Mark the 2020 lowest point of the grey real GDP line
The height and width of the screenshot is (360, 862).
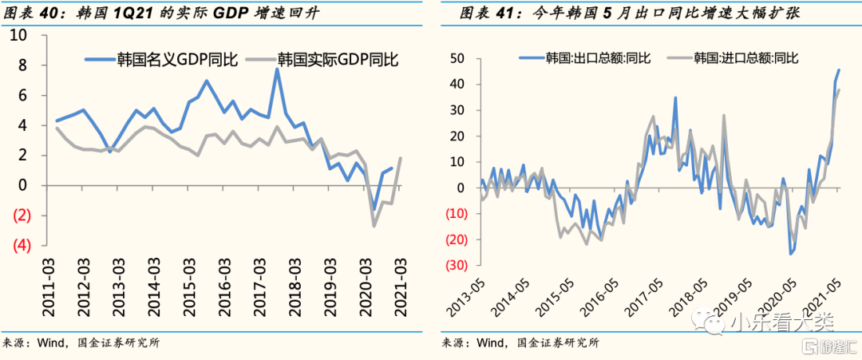[x=374, y=227]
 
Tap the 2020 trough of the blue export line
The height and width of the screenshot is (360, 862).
[x=791, y=254]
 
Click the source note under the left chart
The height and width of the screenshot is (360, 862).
[x=80, y=343]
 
